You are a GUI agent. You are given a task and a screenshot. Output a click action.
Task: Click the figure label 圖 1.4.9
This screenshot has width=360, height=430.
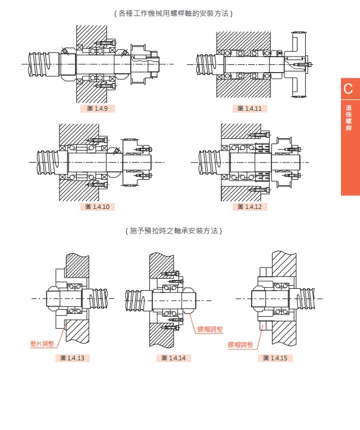pyautogui.click(x=97, y=108)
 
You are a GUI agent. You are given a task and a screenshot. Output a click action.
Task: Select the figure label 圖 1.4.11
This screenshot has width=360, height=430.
pyautogui.click(x=249, y=108)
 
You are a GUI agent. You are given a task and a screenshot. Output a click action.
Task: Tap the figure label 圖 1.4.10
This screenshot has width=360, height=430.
pyautogui.click(x=97, y=207)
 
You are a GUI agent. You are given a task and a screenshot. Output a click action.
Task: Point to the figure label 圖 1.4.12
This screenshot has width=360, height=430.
pyautogui.click(x=249, y=207)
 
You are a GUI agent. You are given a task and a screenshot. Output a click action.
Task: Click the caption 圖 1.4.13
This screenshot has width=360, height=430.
pyautogui.click(x=73, y=358)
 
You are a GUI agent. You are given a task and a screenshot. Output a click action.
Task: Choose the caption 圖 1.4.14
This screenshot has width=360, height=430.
pyautogui.click(x=173, y=358)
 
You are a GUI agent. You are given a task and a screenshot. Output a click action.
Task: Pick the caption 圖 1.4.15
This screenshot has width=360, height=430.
pyautogui.click(x=275, y=358)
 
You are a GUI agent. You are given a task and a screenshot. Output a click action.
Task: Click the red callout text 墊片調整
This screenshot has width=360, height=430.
pyautogui.click(x=42, y=344)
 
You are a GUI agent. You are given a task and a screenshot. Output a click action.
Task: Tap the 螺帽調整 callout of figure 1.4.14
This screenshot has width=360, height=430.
pyautogui.click(x=210, y=329)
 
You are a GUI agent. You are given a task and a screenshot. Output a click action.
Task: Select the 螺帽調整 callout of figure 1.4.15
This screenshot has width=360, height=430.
pyautogui.click(x=240, y=345)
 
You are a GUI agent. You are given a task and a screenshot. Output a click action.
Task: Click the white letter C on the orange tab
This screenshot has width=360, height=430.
pyautogui.click(x=348, y=89)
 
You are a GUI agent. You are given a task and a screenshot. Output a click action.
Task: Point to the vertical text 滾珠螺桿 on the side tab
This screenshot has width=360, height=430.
pyautogui.click(x=349, y=118)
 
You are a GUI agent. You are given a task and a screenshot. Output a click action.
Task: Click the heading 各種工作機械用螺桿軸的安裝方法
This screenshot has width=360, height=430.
pyautogui.click(x=173, y=14)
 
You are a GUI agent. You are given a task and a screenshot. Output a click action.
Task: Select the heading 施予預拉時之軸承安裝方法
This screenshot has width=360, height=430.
pyautogui.click(x=174, y=231)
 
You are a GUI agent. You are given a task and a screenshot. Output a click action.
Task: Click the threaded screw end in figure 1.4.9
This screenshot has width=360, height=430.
pyautogui.click(x=44, y=64)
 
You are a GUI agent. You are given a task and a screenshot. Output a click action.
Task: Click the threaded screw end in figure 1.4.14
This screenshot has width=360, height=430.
pyautogui.click(x=138, y=301)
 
